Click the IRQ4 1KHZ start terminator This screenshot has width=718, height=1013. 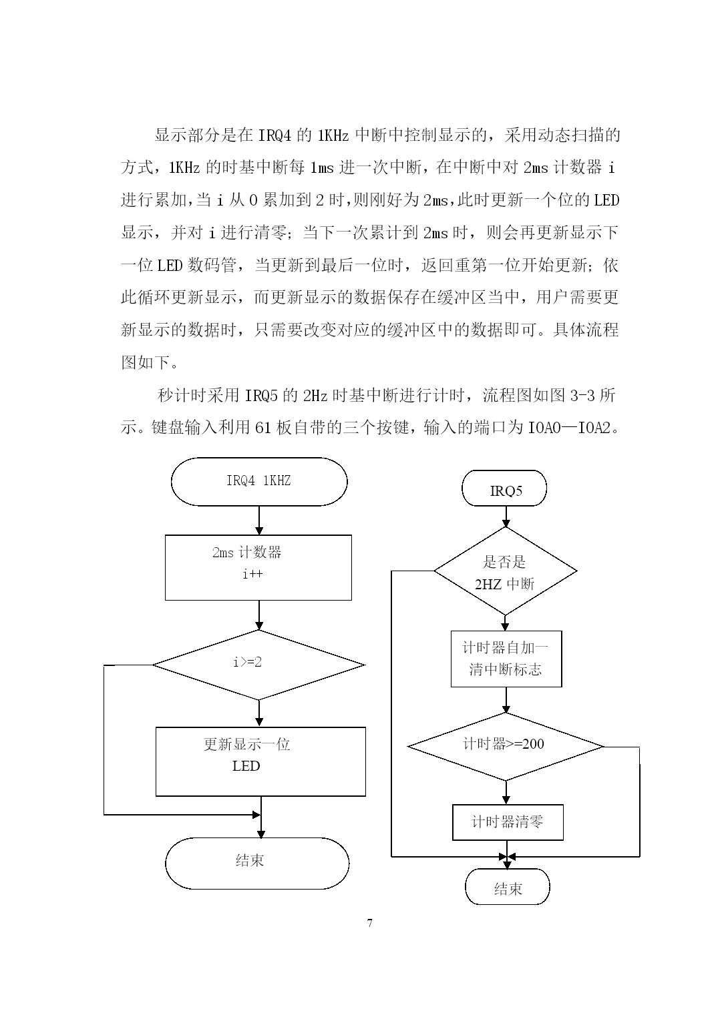point(259,481)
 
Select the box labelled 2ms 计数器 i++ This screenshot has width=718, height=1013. point(258,567)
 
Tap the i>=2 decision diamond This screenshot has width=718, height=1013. point(258,665)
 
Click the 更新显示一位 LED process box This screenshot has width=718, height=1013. point(260,761)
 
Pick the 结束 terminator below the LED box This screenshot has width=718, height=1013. point(257,864)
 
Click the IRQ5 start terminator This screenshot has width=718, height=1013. point(504,488)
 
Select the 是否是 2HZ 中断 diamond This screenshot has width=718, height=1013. point(505,571)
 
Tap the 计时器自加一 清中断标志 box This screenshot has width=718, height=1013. point(506,659)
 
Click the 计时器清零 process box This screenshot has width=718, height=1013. point(508,822)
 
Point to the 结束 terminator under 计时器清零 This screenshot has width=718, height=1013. point(508,888)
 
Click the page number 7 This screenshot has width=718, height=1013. point(370,923)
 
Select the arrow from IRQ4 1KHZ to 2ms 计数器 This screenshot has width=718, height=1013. point(259,521)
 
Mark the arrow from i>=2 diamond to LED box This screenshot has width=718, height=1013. point(259,713)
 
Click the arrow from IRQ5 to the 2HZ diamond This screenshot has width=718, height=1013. point(506,517)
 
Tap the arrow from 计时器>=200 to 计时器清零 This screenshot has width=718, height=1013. point(506,792)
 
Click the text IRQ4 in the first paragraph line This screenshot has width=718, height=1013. point(275,135)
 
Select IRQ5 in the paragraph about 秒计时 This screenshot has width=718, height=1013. point(261,395)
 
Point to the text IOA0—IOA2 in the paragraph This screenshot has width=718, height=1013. point(569,427)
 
